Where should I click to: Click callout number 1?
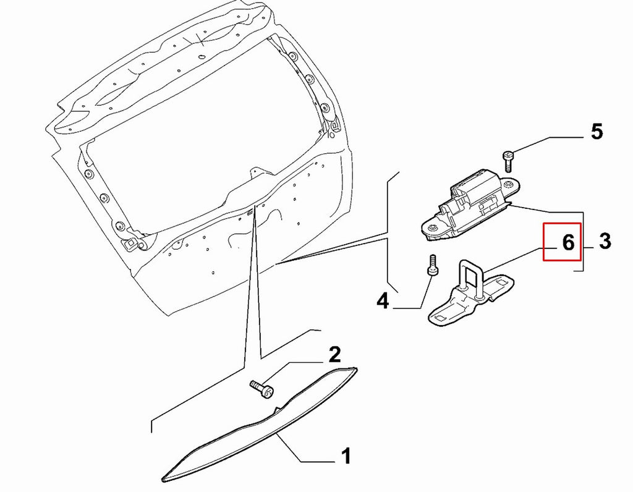coord(346,456)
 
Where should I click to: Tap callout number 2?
coord(334,354)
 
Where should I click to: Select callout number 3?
coord(605,241)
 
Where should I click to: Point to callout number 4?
coord(382,301)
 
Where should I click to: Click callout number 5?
coord(597,132)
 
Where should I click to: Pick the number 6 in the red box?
coord(568,242)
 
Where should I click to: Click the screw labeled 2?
coord(261,389)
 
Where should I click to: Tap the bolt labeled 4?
coord(432,265)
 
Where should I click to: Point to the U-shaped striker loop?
coord(470,279)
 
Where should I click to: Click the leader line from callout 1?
coord(307,452)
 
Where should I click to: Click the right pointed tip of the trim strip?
coord(357,368)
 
